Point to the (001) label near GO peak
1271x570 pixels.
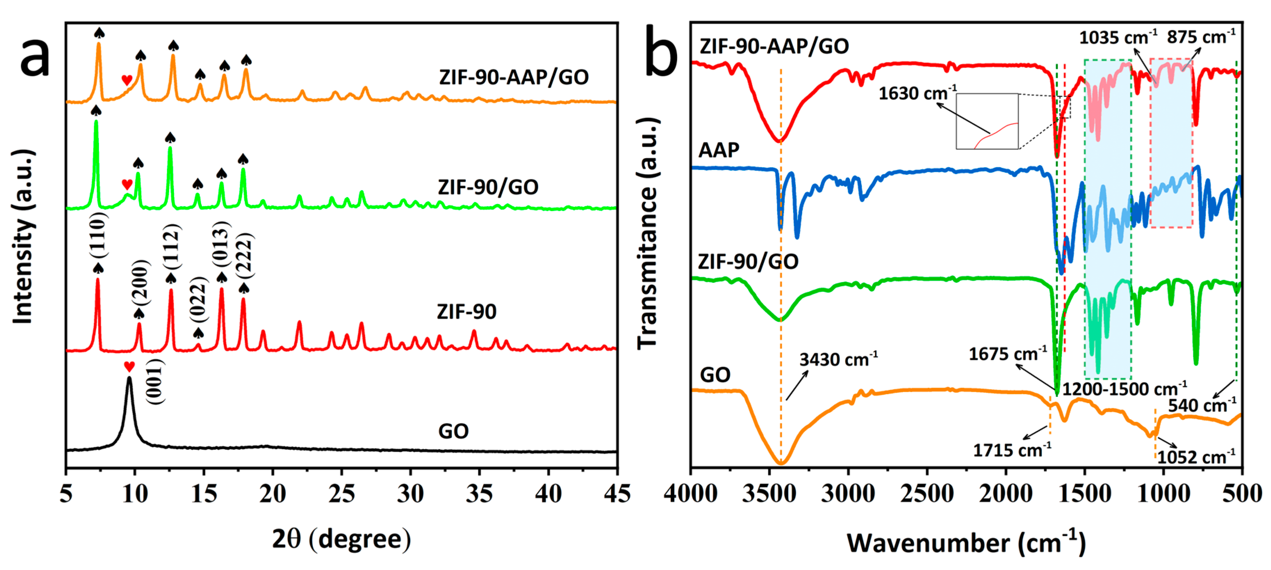click(156, 382)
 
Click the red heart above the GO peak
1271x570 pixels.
click(129, 367)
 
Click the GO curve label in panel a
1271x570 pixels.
click(453, 431)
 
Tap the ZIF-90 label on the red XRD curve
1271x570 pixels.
click(466, 312)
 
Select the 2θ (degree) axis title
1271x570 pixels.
click(341, 539)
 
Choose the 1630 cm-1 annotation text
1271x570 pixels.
click(917, 93)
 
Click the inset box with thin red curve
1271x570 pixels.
click(987, 121)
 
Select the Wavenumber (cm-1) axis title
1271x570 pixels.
click(966, 543)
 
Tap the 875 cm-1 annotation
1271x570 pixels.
click(1201, 37)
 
